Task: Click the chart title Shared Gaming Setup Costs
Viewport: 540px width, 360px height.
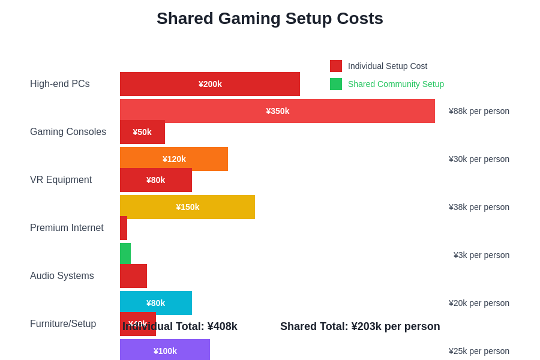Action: (x=270, y=19)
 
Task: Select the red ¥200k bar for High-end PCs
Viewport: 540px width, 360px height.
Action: (x=210, y=84)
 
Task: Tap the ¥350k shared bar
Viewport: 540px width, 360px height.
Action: (x=277, y=111)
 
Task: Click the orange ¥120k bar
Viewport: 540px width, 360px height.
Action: (x=174, y=159)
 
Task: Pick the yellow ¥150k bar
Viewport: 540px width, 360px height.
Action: (x=187, y=207)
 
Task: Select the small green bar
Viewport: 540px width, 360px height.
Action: (x=125, y=254)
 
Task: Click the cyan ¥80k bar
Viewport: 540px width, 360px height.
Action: (x=156, y=303)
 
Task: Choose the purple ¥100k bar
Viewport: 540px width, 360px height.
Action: (x=165, y=350)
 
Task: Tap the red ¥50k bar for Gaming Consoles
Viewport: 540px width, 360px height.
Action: (x=142, y=132)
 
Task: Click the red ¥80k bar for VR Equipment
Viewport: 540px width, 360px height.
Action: (x=156, y=180)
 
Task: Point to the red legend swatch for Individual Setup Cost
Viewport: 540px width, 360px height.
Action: (x=336, y=66)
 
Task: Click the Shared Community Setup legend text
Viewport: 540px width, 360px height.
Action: (x=396, y=84)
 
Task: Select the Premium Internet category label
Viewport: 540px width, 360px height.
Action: (x=67, y=228)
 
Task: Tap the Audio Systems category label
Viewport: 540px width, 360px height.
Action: (x=62, y=276)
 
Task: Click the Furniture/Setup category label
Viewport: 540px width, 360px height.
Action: (x=63, y=324)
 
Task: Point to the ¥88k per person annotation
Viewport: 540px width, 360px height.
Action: (x=479, y=111)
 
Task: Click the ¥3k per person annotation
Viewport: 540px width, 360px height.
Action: (x=481, y=255)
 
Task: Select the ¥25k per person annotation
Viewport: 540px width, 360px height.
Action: (x=479, y=351)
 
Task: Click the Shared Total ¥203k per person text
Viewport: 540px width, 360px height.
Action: (x=360, y=326)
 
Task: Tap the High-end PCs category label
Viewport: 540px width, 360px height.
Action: (x=60, y=84)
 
